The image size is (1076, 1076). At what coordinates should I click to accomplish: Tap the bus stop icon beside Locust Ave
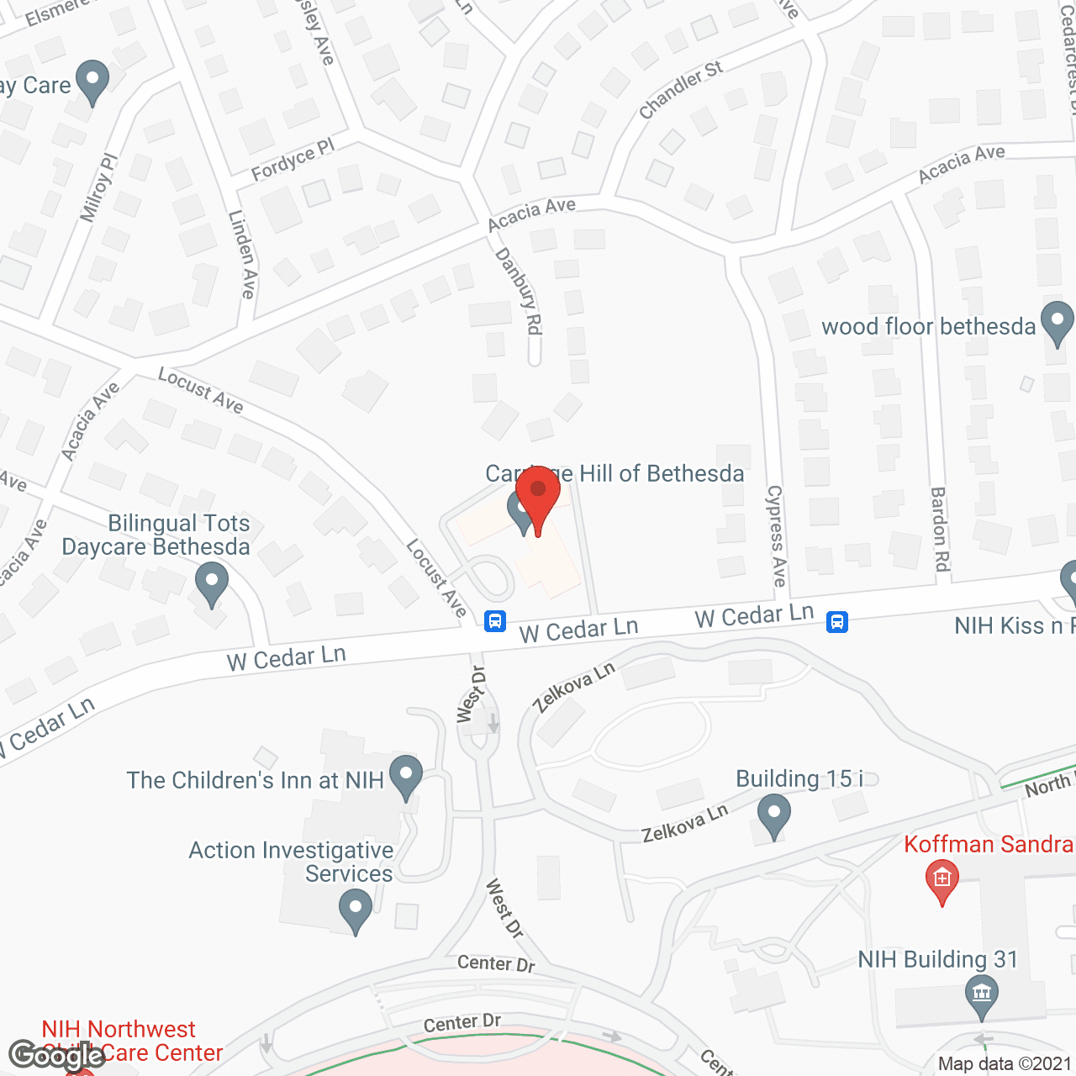495,621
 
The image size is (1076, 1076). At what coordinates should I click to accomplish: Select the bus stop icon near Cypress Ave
837,621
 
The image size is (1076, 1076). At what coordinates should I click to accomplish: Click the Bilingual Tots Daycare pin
212,583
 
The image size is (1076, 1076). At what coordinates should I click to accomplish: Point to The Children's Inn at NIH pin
406,776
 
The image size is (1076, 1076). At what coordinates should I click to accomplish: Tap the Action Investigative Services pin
356,911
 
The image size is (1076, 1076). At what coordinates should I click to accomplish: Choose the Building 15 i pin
773,816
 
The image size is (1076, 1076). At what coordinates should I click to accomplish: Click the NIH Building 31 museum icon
981,994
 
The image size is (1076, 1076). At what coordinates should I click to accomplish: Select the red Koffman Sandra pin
941,882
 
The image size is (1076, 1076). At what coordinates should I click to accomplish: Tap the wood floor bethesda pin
1057,323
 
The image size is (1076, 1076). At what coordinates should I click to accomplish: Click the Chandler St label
680,90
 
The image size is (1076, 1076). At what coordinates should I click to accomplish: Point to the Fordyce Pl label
293,160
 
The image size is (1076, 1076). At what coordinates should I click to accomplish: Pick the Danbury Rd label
519,291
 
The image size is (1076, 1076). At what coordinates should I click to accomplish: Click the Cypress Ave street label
776,535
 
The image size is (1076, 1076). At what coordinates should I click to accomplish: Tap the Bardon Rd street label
940,530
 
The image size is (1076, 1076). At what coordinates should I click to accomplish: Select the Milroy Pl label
99,188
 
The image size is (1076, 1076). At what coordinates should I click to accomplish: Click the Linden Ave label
242,254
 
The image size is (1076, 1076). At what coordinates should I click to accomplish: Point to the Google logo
57,1055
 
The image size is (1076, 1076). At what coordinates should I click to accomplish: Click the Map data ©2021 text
1005,1064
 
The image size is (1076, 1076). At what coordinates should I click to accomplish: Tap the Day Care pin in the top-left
92,82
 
